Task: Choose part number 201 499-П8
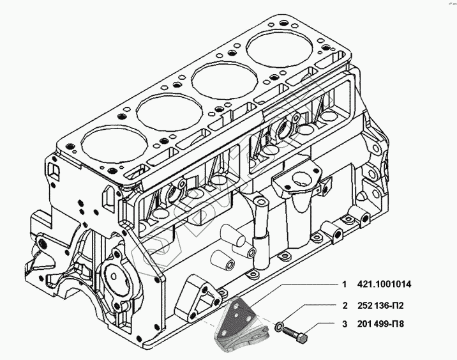click(382, 324)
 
